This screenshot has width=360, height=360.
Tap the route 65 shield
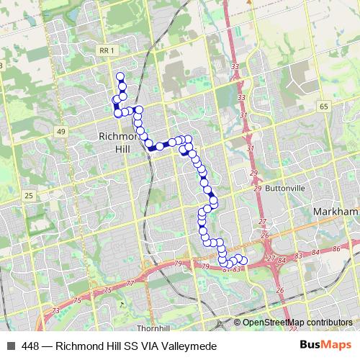(324, 106)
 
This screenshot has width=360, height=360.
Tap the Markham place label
(336, 212)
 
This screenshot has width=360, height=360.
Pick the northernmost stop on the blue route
(120, 77)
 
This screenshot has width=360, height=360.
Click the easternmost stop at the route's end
(243, 261)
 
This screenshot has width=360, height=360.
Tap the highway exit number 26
(266, 235)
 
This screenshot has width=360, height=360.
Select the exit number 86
(336, 248)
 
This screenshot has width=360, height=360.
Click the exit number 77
(130, 284)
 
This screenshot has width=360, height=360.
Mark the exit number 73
(56, 310)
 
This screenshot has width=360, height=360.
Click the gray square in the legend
(10, 346)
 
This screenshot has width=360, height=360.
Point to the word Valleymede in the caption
(189, 346)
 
